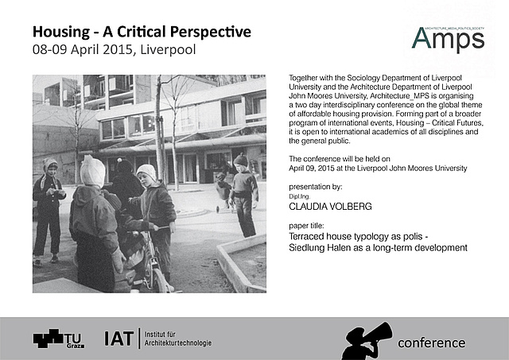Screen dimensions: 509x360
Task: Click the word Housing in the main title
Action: [x=61, y=33]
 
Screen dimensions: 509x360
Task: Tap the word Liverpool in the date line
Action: [x=168, y=49]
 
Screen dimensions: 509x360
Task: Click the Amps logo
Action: [x=448, y=39]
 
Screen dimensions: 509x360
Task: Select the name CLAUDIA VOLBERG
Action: [x=330, y=207]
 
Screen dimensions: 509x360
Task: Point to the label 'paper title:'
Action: [x=306, y=226]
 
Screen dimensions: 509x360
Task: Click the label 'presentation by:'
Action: [x=316, y=187]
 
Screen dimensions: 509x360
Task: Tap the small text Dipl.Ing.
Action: [x=299, y=196]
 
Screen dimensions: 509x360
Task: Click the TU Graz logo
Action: [x=59, y=339]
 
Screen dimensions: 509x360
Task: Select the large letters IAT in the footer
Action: [x=119, y=339]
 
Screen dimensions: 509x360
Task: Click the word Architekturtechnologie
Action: [x=178, y=343]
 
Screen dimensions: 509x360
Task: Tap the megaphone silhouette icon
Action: [x=367, y=341]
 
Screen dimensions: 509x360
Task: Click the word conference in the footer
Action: [x=431, y=343]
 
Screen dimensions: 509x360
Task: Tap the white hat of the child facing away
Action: [x=92, y=171]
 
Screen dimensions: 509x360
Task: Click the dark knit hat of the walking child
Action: [x=240, y=160]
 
